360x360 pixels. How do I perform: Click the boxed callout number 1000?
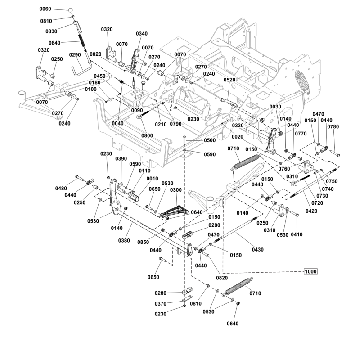tap(310, 271)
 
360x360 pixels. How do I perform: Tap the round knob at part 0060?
tap(71, 10)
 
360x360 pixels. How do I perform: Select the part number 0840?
tap(54, 43)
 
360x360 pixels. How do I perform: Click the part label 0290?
tap(75, 55)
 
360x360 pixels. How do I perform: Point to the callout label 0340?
tap(142, 34)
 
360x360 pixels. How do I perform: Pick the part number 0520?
tap(229, 80)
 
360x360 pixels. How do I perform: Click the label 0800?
tap(147, 135)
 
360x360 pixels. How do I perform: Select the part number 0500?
tap(210, 140)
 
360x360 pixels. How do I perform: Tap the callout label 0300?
tap(176, 190)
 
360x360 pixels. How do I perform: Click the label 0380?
tap(124, 241)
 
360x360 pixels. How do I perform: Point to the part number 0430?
tap(257, 250)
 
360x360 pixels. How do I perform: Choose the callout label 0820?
tap(222, 278)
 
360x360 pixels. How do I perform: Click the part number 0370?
tap(161, 304)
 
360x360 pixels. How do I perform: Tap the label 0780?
tap(333, 127)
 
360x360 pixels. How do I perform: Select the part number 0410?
tap(297, 234)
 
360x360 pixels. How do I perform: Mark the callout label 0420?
tap(311, 211)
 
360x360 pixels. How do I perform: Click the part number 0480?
tap(61, 189)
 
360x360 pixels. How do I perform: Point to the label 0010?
tap(152, 179)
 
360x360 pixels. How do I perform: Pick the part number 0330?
tap(238, 126)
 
